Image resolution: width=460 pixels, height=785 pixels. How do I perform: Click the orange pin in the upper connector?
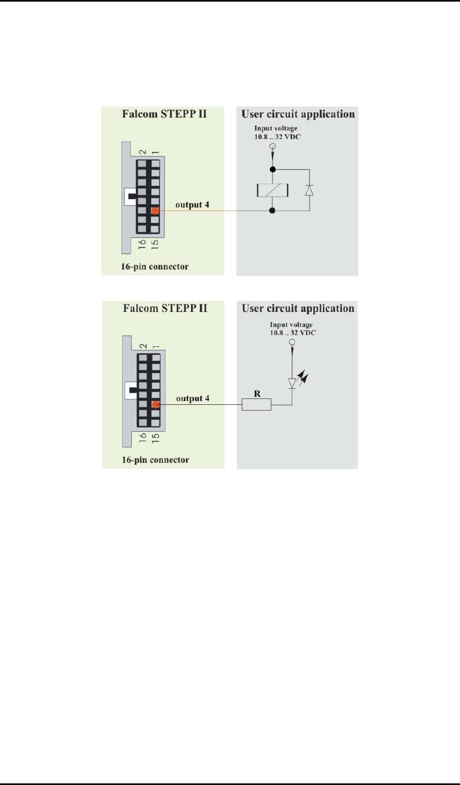click(155, 211)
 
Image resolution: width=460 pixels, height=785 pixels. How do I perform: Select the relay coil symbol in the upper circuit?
click(272, 190)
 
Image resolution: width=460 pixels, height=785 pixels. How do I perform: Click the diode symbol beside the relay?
click(309, 190)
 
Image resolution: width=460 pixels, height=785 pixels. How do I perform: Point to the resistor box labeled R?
click(256, 404)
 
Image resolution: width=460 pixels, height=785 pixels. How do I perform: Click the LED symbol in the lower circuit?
click(293, 383)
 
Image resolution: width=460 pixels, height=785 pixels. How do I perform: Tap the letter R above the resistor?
click(257, 394)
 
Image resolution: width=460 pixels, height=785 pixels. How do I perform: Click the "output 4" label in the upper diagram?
click(192, 205)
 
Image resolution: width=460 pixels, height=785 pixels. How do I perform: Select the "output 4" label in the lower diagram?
click(193, 398)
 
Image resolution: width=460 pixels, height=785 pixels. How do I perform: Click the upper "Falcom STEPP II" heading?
click(164, 114)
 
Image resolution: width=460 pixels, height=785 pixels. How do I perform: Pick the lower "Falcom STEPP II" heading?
click(165, 308)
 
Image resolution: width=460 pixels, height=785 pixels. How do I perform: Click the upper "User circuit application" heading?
click(298, 114)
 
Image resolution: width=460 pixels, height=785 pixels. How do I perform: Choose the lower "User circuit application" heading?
click(298, 308)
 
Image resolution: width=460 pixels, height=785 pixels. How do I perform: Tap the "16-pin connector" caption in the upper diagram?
click(155, 266)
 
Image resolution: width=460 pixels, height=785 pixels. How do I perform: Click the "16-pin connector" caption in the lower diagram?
click(155, 460)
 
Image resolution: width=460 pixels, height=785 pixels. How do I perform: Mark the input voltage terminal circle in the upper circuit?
click(272, 146)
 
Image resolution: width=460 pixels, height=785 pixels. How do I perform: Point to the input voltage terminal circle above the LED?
click(292, 342)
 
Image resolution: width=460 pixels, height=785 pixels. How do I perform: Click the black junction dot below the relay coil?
click(272, 211)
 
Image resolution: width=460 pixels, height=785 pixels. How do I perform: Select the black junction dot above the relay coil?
click(272, 169)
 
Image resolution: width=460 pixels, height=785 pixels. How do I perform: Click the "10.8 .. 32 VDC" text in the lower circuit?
click(293, 333)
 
